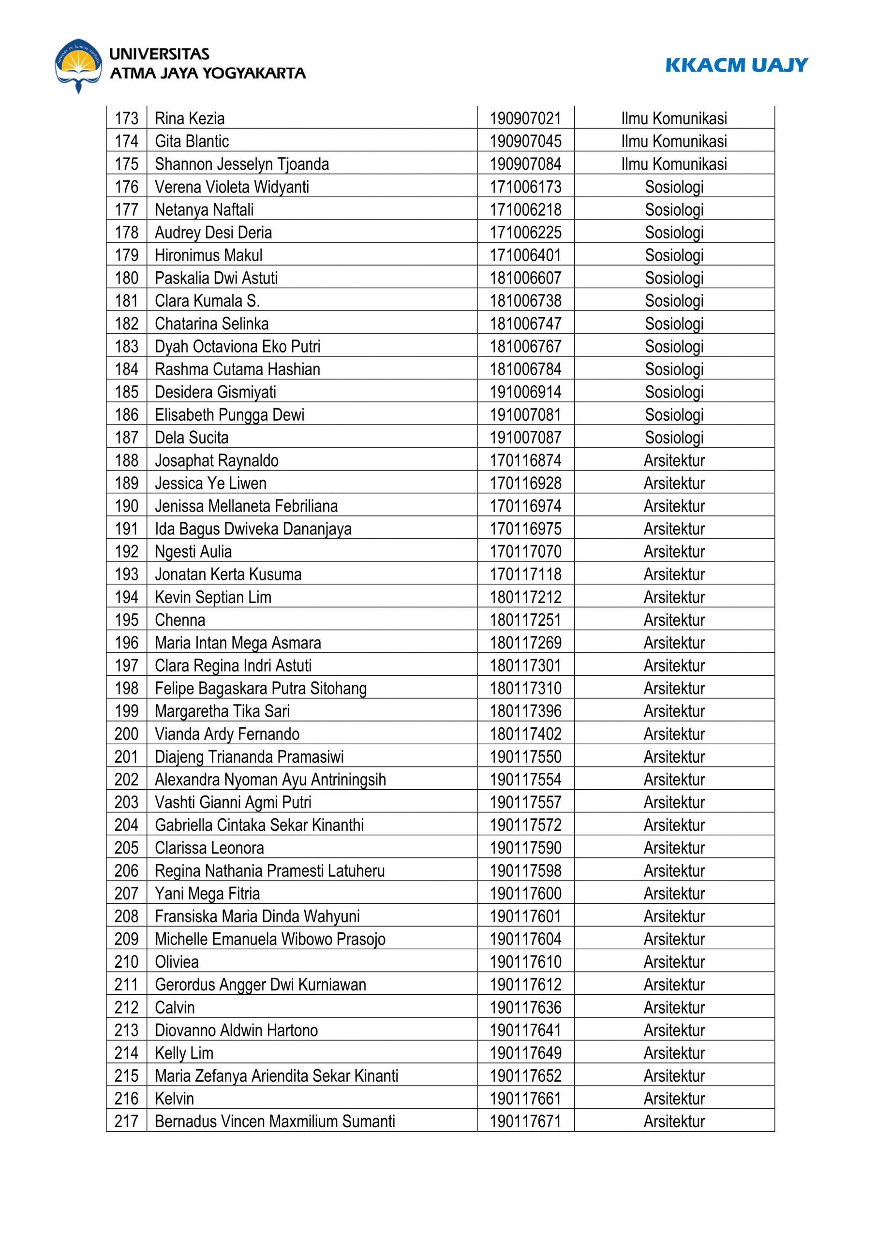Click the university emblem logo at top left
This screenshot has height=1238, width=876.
point(78,65)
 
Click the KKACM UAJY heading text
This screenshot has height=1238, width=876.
point(736,65)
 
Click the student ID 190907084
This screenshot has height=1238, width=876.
point(525,164)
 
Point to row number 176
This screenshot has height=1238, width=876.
point(126,187)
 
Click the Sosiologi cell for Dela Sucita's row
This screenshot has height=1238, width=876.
point(674,437)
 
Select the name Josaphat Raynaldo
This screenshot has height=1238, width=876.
point(216,460)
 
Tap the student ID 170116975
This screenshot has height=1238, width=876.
point(525,529)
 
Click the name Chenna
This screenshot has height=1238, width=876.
point(179,620)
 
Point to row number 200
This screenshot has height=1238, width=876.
point(126,734)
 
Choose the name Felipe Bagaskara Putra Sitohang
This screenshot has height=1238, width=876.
point(261,689)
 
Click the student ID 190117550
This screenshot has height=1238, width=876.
point(525,756)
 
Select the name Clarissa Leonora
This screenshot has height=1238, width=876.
point(209,848)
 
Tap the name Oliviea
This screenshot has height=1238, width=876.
point(177,961)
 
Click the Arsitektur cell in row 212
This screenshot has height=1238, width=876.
point(674,1007)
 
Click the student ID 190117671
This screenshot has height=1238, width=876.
point(525,1121)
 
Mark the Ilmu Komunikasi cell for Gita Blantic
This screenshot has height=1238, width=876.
point(674,141)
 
